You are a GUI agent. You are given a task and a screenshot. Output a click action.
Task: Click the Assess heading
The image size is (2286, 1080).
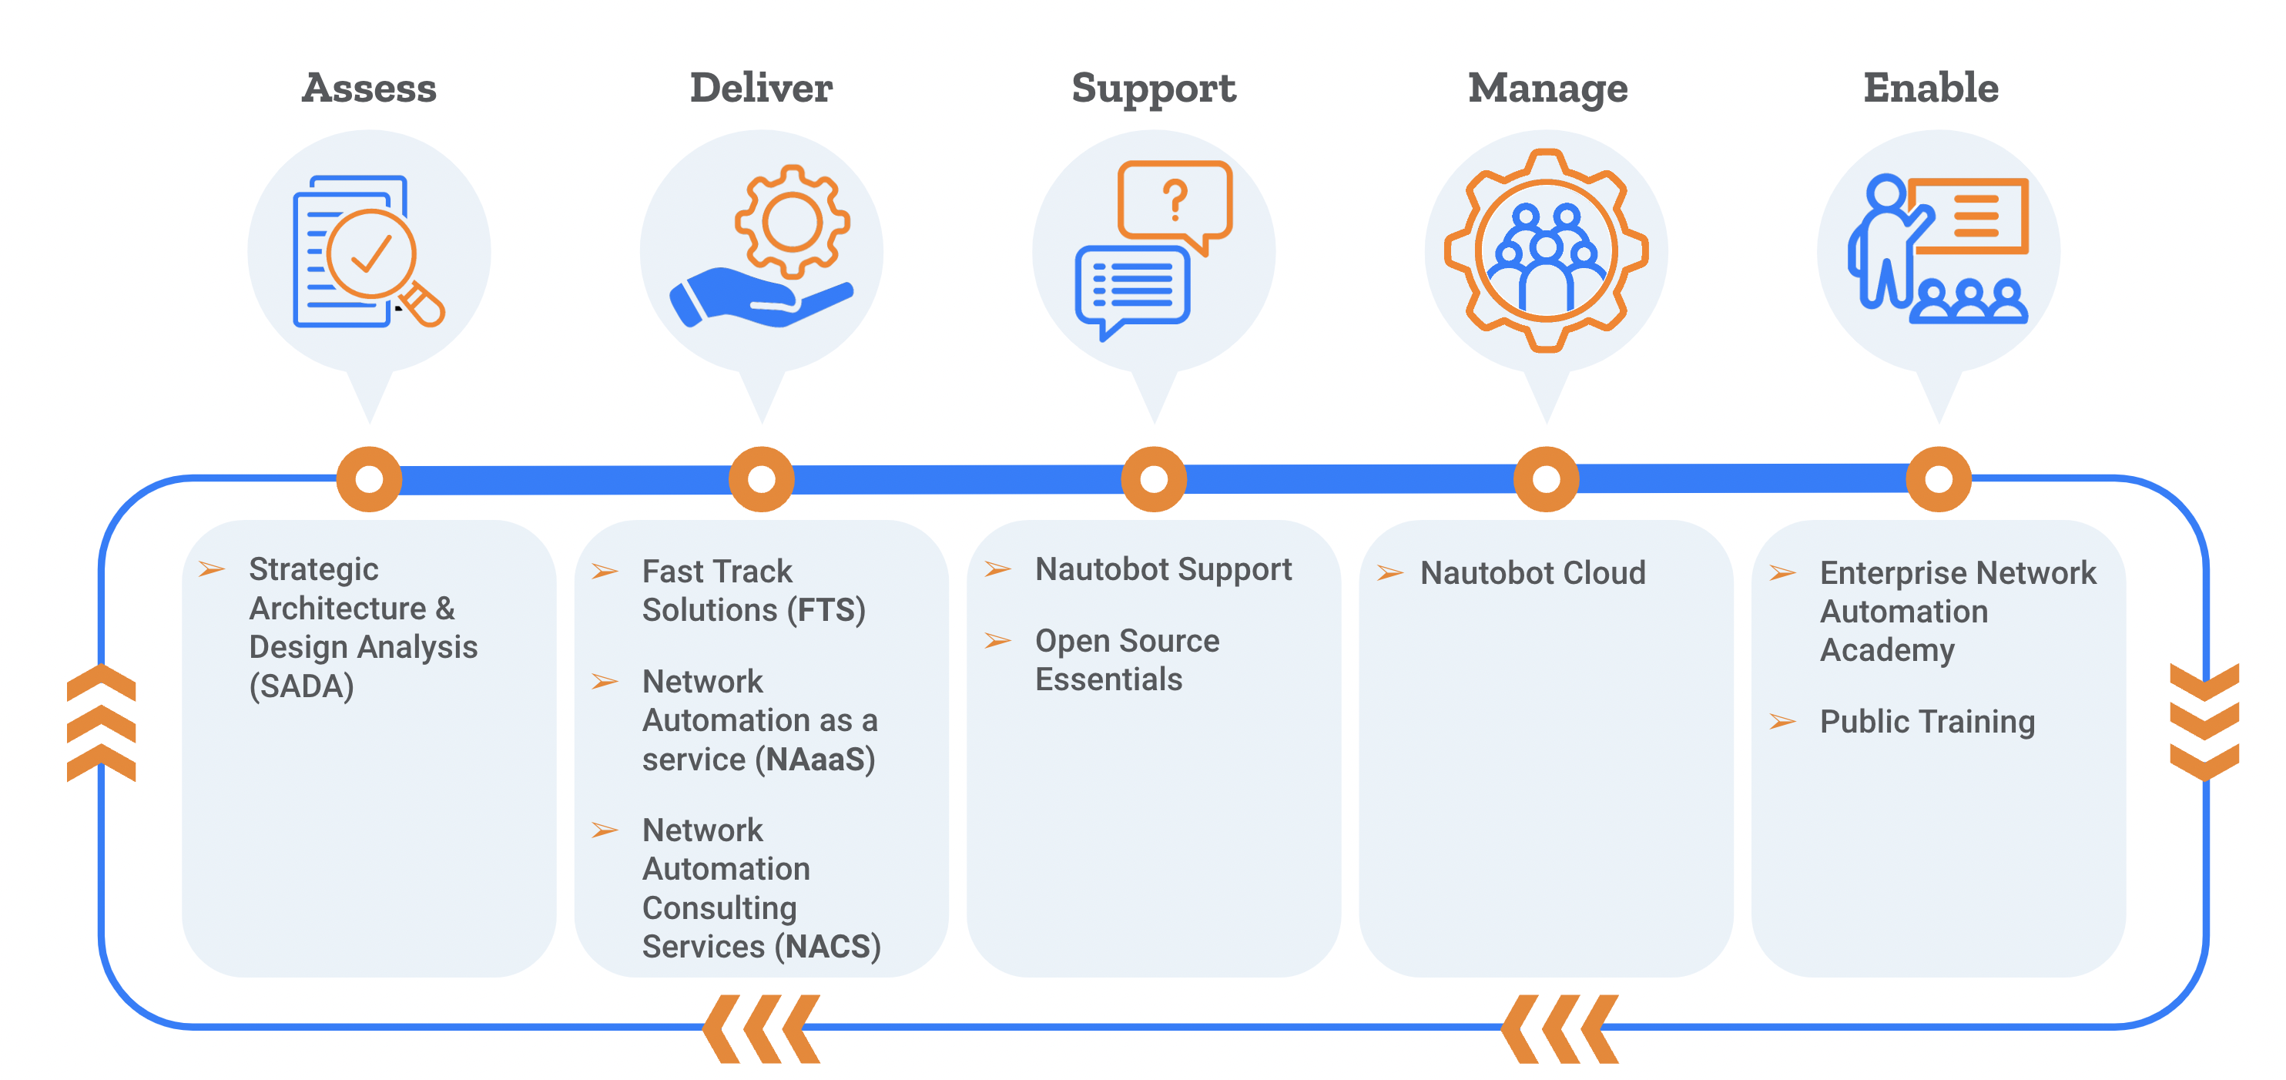[368, 88]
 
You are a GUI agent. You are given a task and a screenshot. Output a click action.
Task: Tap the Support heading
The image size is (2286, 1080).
[1153, 88]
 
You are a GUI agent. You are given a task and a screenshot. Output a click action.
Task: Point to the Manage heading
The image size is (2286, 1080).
[1547, 88]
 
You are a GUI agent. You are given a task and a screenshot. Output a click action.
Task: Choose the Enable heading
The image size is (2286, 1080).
[1930, 88]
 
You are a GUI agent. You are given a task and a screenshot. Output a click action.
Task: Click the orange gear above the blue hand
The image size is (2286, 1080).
[792, 222]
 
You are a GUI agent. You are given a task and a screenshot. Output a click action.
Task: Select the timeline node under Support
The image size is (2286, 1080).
[1153, 479]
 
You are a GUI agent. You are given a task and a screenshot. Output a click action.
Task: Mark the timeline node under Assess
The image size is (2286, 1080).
[369, 479]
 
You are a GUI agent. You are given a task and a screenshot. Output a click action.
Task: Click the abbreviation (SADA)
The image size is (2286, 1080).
[301, 686]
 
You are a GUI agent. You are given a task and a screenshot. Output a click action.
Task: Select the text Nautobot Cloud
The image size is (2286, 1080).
[1532, 573]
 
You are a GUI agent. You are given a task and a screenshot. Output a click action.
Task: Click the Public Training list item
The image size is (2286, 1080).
[1926, 722]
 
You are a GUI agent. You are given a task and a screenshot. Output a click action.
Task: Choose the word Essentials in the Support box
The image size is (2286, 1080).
[1108, 679]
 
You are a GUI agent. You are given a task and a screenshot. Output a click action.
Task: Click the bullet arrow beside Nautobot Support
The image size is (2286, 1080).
[997, 569]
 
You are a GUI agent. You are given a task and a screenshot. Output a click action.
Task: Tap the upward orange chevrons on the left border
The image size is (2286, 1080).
[101, 723]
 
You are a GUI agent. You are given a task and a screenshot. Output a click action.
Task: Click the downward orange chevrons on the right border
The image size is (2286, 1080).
[2204, 723]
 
